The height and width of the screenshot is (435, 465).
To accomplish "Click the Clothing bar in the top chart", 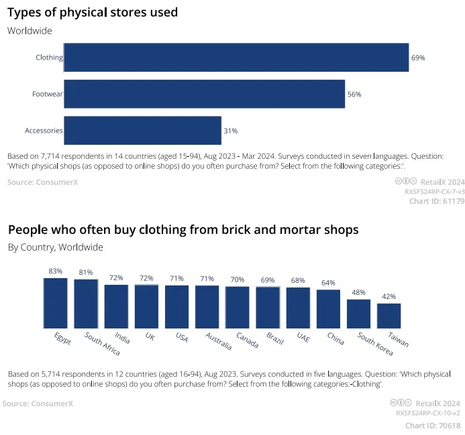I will click(236, 58).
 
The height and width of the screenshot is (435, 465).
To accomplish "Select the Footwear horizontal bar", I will click(204, 95).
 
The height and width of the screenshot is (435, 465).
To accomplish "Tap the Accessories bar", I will click(142, 131).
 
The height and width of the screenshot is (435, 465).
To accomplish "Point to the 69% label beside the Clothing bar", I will click(418, 58).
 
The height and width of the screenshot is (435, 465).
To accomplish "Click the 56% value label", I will click(354, 95).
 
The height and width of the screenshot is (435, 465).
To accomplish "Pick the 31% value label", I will click(231, 131).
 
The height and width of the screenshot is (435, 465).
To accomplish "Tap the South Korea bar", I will click(358, 313).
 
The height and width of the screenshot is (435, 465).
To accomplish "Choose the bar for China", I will click(328, 308).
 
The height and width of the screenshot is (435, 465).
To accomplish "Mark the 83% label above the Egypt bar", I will click(55, 271).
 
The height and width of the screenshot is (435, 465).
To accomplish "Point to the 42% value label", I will click(389, 296).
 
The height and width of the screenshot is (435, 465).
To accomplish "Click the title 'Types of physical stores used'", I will click(93, 12).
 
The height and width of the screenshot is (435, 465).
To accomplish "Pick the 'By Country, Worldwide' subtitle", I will click(56, 247).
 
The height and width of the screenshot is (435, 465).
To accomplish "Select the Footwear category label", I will click(47, 95).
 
